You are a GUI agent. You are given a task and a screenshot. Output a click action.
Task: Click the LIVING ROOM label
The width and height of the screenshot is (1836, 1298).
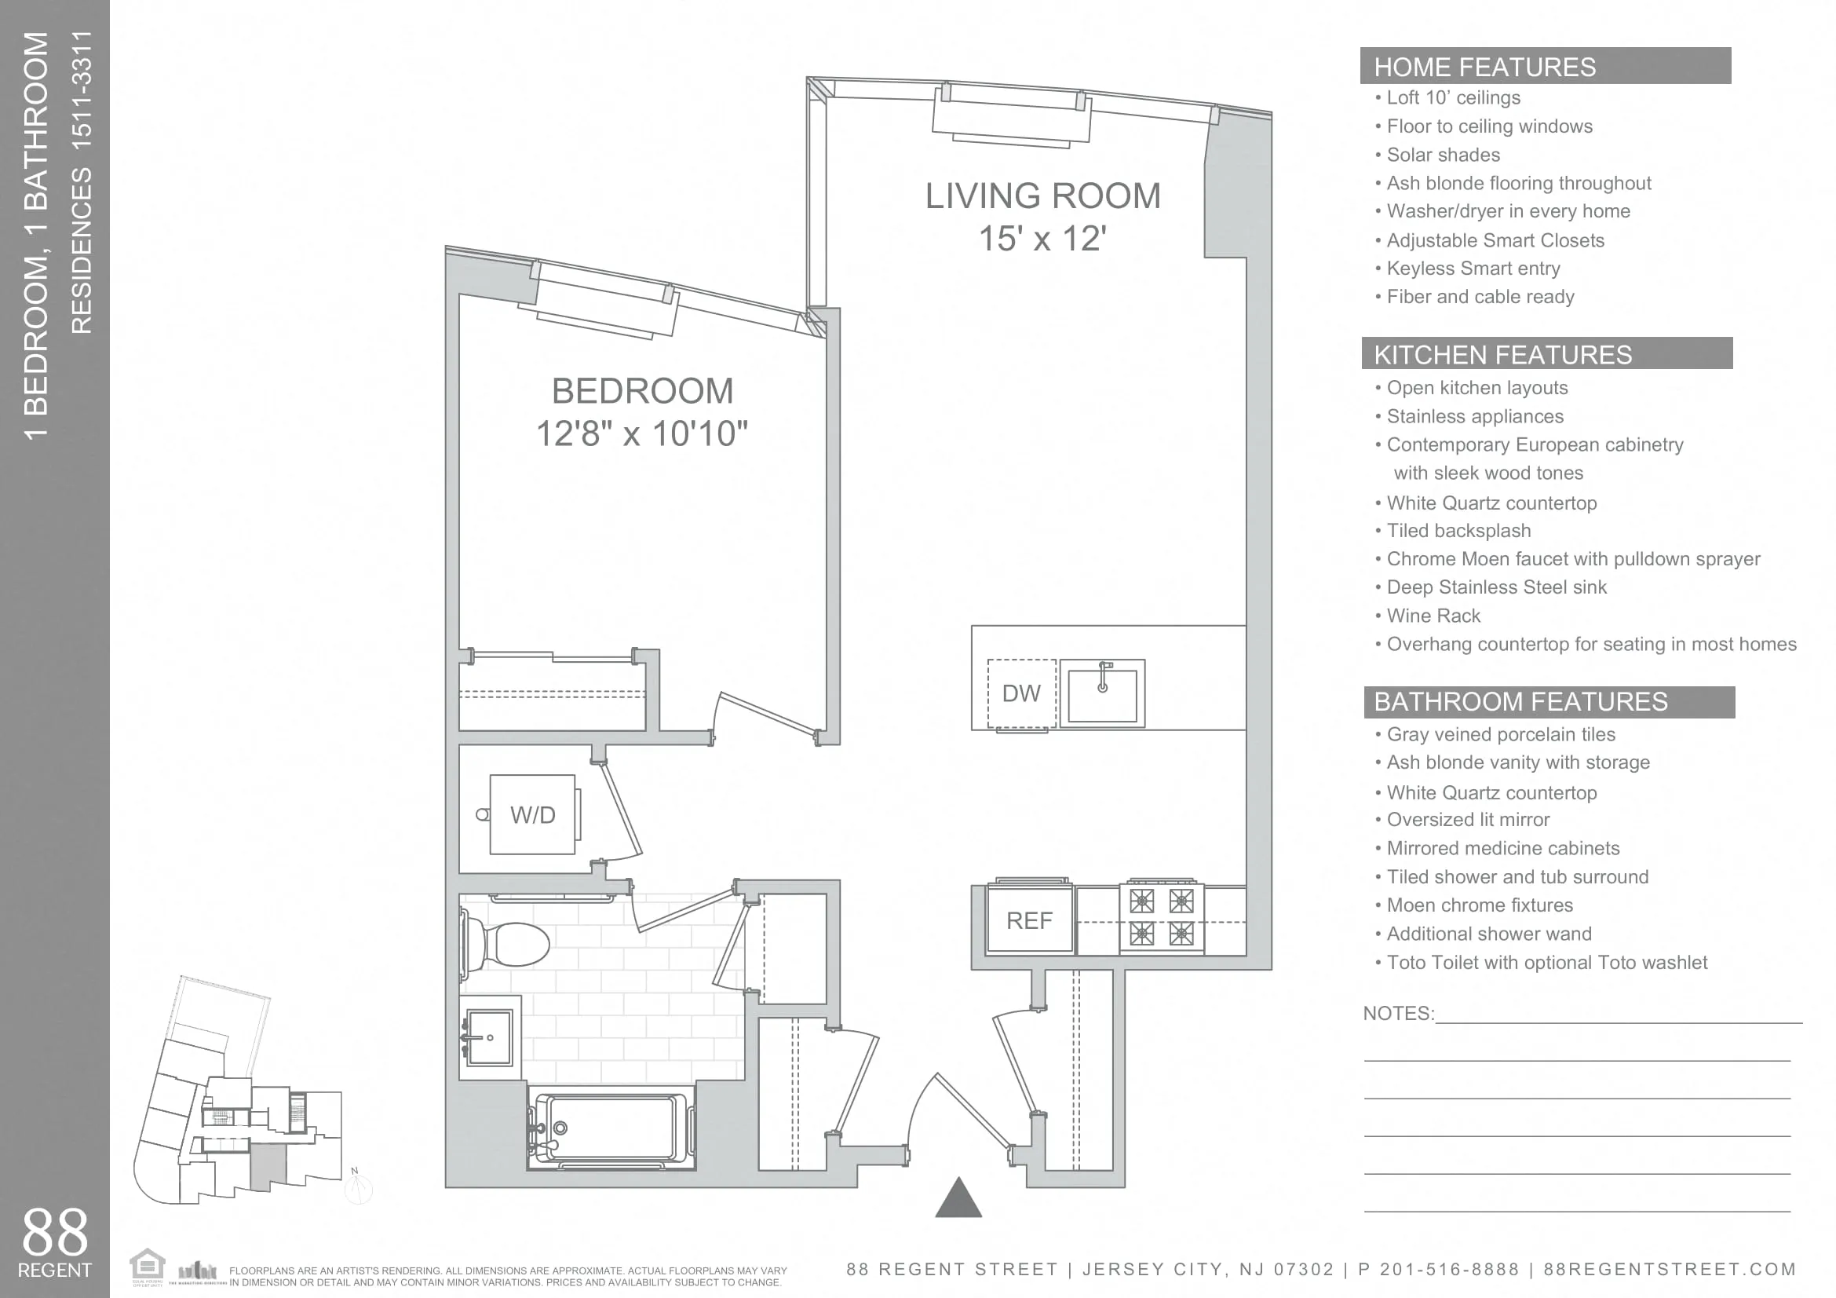tap(1042, 197)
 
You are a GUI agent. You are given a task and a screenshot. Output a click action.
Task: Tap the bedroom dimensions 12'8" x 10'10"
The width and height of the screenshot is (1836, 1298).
tap(641, 434)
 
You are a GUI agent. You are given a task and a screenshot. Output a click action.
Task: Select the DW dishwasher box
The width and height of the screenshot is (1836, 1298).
tap(1021, 693)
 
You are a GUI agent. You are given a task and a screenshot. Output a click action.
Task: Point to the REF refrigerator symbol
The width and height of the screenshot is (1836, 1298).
tap(1029, 920)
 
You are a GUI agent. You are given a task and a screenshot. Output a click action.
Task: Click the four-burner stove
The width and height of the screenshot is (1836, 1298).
tap(1161, 917)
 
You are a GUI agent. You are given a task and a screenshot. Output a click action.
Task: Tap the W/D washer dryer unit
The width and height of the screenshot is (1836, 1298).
tap(531, 815)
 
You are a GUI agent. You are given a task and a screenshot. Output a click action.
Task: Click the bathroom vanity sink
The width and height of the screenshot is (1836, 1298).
tap(488, 1037)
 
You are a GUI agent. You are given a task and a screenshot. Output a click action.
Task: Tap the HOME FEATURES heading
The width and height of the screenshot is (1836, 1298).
tap(1484, 68)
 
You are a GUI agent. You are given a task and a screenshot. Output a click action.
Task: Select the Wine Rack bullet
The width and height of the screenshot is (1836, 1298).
tap(1433, 616)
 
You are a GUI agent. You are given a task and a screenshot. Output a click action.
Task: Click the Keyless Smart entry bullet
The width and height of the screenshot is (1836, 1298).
tap(1473, 269)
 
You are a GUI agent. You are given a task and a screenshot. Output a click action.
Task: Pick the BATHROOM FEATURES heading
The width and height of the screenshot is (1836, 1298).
tap(1520, 702)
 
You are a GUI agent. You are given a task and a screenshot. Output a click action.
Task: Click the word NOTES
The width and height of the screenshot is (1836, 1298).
tap(1397, 1013)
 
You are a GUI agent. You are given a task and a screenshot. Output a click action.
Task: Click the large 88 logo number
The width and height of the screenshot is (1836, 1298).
tap(54, 1232)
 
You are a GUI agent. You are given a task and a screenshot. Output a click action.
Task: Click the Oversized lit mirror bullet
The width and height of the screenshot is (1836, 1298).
tap(1467, 820)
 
